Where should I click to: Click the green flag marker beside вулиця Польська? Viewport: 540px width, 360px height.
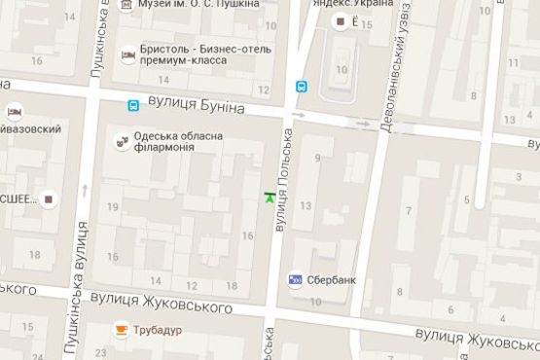[269, 198]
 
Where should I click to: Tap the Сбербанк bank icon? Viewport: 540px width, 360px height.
[295, 280]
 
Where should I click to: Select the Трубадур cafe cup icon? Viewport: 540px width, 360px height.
[122, 330]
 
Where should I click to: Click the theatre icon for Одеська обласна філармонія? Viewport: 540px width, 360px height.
[122, 141]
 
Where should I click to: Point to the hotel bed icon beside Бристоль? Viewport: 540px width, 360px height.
[127, 55]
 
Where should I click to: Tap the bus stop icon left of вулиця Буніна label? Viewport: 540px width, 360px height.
[132, 105]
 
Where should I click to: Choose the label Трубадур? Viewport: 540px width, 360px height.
[160, 331]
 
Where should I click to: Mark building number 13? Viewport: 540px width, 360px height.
[306, 205]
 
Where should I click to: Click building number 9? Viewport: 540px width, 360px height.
[317, 158]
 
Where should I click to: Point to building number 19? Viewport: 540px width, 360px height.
[113, 206]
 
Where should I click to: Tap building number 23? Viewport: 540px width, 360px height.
[101, 352]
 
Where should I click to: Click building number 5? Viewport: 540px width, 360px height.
[467, 200]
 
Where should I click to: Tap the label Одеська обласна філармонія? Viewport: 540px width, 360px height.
[182, 141]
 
